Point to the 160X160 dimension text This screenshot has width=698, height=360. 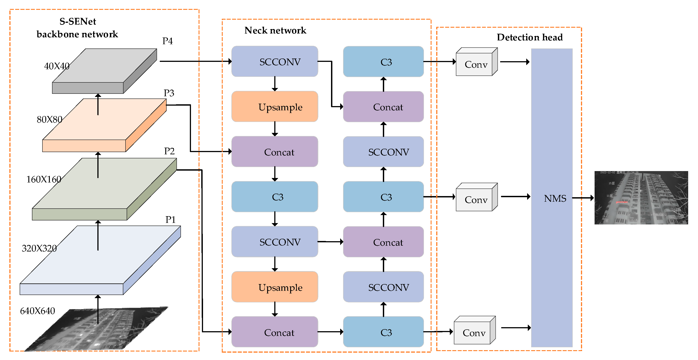tap(44, 179)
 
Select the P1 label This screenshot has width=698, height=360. tap(170, 220)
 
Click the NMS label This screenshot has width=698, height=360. tap(555, 198)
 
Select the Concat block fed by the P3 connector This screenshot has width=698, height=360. tap(275, 152)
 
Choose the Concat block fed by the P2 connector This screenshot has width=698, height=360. tap(275, 332)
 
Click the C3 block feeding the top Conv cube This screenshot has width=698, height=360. tap(383, 62)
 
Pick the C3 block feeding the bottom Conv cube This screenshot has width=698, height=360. tap(383, 332)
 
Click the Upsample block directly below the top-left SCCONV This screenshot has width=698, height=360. tap(275, 107)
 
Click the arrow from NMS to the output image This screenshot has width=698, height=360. tap(583, 198)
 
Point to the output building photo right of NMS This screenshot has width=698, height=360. tap(641, 198)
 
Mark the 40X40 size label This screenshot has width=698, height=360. tap(57, 66)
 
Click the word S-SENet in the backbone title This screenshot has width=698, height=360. tap(78, 21)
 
